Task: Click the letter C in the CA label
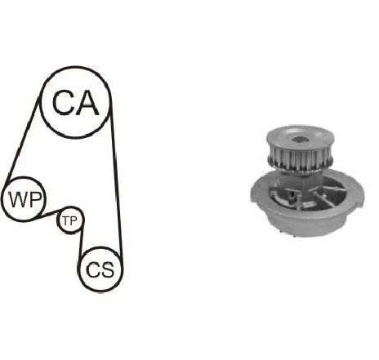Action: pos(63,102)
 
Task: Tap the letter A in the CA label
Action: pos(87,102)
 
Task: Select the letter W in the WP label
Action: pos(18,199)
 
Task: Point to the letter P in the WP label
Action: pos(35,199)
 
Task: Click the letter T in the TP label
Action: pos(65,220)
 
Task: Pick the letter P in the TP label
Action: pos(74,220)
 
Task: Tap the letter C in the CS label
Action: pos(92,270)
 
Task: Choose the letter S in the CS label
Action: pos(107,270)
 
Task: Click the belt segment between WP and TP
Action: pos(47,215)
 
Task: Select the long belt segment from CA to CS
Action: pos(116,181)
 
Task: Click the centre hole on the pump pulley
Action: pos(300,140)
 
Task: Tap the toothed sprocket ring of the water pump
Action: pos(300,162)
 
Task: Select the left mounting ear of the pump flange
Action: pos(256,191)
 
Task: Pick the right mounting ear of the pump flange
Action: pos(358,191)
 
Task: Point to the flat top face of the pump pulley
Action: pos(300,137)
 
